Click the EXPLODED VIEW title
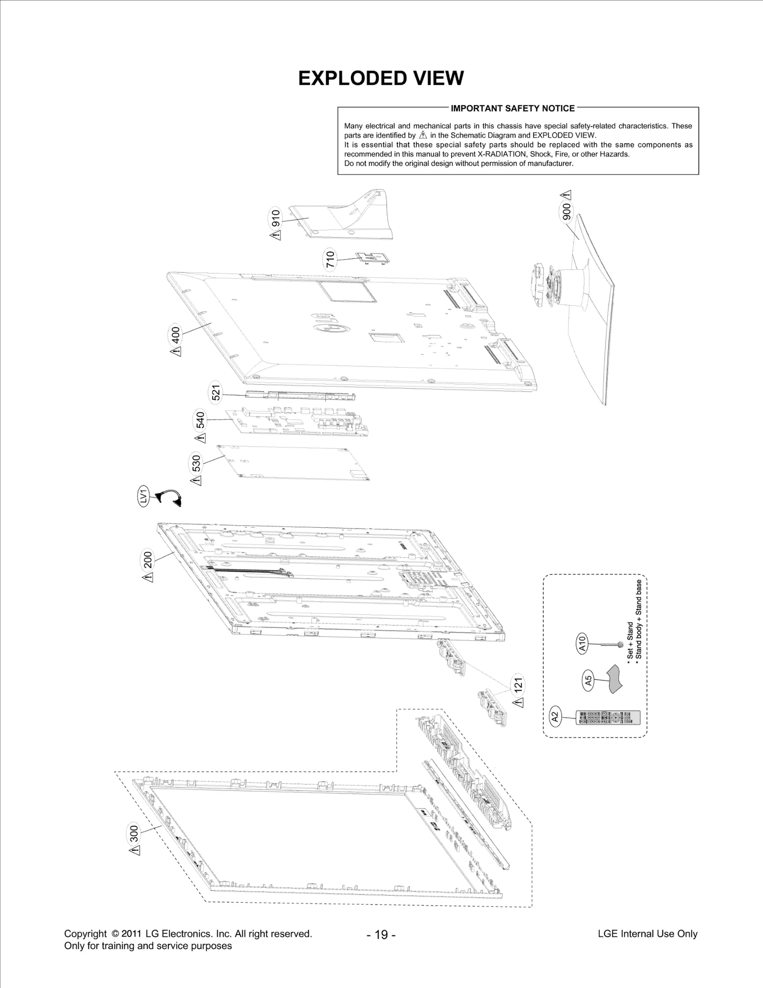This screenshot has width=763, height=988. [x=381, y=78]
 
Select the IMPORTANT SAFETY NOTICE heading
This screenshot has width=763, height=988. [x=513, y=108]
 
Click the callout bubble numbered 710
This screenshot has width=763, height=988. [x=330, y=260]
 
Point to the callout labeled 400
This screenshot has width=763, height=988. [x=175, y=334]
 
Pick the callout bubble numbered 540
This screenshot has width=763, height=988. [x=200, y=420]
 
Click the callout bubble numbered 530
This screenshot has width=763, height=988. [x=196, y=463]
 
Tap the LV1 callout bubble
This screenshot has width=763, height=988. [x=143, y=497]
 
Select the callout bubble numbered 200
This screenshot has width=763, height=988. [x=148, y=559]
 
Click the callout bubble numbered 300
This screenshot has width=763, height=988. [x=134, y=833]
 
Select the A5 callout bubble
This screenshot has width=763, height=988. [x=588, y=680]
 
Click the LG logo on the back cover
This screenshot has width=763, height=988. [x=331, y=324]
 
